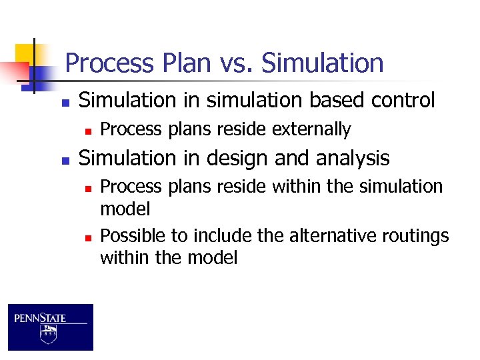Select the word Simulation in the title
pyautogui.click(x=323, y=63)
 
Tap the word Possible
pyautogui.click(x=132, y=236)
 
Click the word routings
pyautogui.click(x=416, y=236)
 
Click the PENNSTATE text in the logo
pyautogui.click(x=41, y=318)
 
